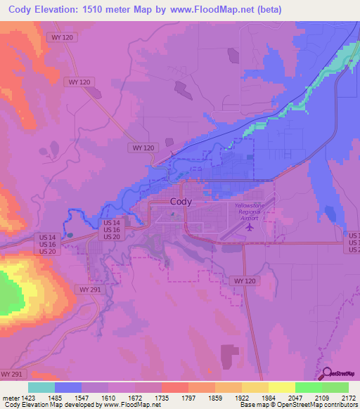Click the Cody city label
point(181,201)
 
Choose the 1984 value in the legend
point(259,398)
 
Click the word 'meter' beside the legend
point(10,398)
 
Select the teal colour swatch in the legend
point(41,387)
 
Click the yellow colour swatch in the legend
point(281,387)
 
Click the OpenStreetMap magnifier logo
point(327,373)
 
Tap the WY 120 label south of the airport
point(241,280)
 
